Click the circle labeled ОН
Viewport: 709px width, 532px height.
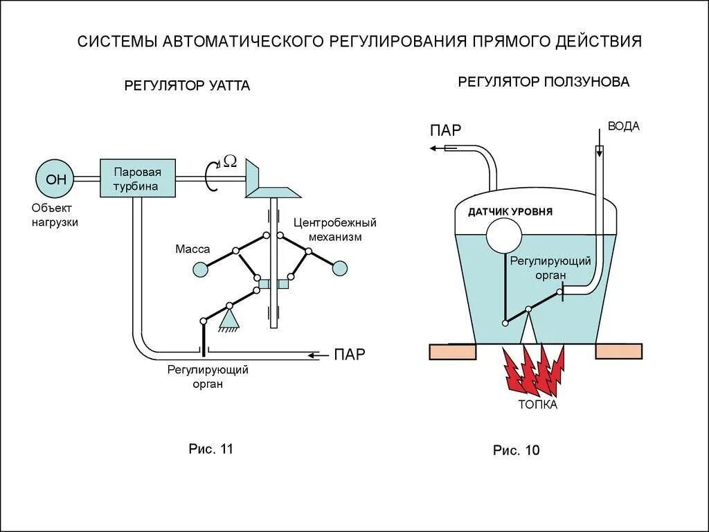point(56,179)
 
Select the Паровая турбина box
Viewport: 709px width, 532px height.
point(138,179)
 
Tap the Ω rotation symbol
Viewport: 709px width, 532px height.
point(231,161)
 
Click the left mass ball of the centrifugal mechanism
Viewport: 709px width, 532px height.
point(199,269)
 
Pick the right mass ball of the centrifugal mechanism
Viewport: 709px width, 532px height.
point(339,268)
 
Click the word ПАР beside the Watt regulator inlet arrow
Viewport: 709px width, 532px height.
point(349,355)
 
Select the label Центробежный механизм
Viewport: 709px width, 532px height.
point(334,229)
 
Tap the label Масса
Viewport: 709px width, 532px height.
point(192,248)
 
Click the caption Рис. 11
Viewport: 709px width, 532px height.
point(211,448)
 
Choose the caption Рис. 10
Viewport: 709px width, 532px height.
point(516,450)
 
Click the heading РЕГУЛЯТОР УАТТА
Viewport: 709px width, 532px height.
point(187,86)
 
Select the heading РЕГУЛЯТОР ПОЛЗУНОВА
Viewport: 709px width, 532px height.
point(544,82)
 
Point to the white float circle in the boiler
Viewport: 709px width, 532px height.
point(505,236)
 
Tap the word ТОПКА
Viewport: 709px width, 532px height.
point(537,405)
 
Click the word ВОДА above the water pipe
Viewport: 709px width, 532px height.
point(624,126)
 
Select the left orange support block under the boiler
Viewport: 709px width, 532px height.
point(453,351)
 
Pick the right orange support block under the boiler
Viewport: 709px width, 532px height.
point(619,351)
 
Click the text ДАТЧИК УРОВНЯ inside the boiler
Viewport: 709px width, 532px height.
point(510,211)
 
